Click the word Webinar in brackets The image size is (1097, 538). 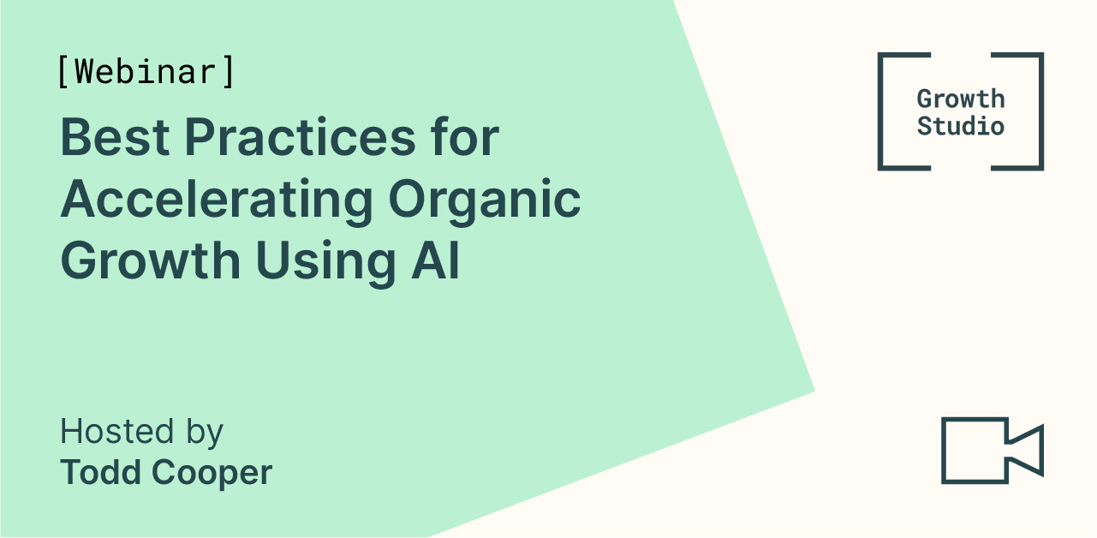click(x=146, y=72)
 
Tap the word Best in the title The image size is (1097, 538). click(x=115, y=137)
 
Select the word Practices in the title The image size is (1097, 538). click(x=301, y=137)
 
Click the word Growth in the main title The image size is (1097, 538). click(x=151, y=260)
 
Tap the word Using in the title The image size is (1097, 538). click(x=325, y=264)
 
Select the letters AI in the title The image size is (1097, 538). click(x=435, y=260)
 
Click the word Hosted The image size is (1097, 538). click(x=117, y=431)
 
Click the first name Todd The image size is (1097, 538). click(x=101, y=472)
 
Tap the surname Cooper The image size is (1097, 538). click(x=212, y=475)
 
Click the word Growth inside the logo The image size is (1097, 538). click(x=961, y=99)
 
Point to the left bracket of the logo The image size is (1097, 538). click(x=880, y=111)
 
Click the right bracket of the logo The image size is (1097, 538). click(x=1040, y=111)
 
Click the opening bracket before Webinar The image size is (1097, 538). click(x=63, y=72)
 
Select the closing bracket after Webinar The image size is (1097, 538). click(x=228, y=72)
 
